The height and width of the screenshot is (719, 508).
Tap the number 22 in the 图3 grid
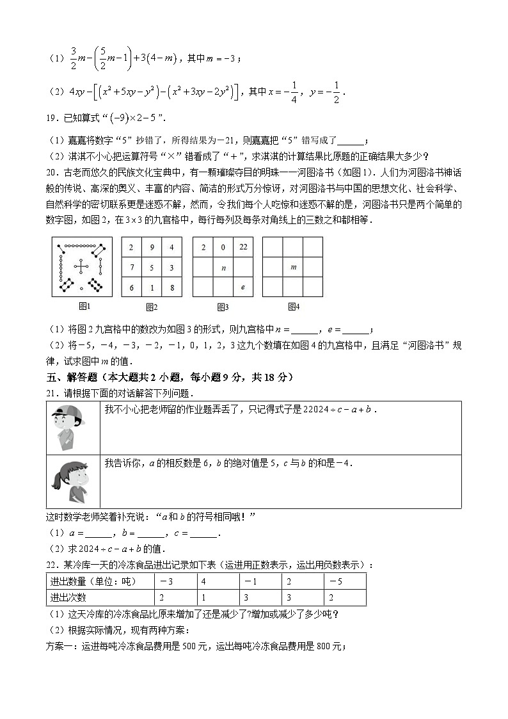242,247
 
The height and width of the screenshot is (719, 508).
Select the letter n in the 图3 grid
223,268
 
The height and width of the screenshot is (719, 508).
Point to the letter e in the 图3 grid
242,287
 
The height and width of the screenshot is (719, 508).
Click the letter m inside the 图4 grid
293,267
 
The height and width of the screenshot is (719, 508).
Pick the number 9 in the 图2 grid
152,247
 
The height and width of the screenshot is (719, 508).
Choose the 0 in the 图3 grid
223,247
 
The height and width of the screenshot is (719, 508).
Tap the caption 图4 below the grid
294,307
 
